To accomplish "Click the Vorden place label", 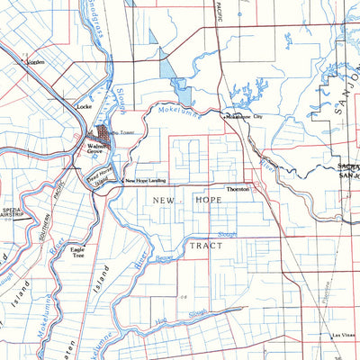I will pos(36,62).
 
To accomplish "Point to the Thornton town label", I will pos(238,190).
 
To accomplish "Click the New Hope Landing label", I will pos(148,181).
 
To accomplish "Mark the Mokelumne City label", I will pos(244,117).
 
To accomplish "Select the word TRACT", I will pos(205,244).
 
